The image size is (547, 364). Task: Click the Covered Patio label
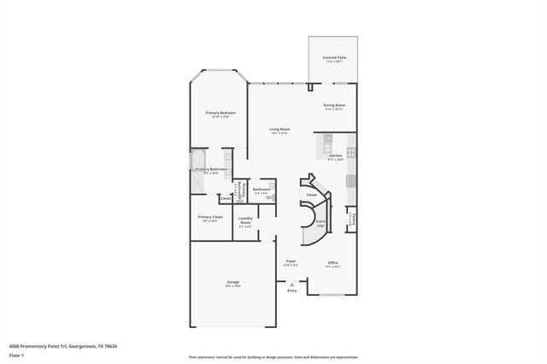click(333, 58)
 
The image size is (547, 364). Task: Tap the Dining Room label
click(333, 106)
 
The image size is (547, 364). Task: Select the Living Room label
click(279, 130)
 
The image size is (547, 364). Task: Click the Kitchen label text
click(335, 156)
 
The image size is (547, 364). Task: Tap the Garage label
click(232, 283)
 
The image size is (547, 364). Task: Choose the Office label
click(332, 263)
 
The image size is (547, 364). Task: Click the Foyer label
click(291, 263)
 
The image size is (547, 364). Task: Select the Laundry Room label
click(244, 224)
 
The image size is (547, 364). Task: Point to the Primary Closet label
click(210, 219)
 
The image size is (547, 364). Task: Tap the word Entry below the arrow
click(291, 291)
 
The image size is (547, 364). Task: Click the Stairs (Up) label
click(321, 221)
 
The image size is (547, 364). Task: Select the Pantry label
click(351, 220)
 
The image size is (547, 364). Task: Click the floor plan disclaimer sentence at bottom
click(273, 355)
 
